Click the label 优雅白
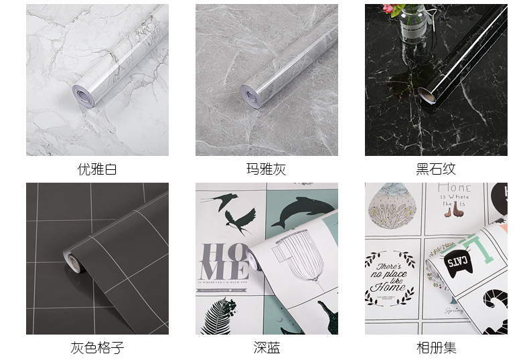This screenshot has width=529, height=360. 97,169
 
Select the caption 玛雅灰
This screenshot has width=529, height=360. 267,169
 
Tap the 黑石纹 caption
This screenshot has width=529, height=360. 436,169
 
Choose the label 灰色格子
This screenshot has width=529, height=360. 97,347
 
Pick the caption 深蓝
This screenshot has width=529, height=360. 267,347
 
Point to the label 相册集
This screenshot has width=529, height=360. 436,347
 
